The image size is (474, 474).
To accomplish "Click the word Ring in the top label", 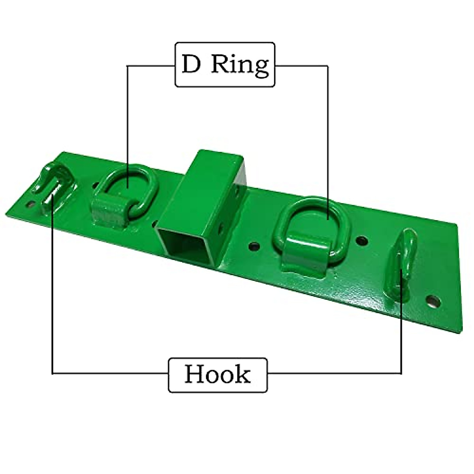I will click(x=240, y=65).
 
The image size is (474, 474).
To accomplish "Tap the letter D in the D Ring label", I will click(x=191, y=64).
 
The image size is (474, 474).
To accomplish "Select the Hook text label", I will click(x=218, y=374).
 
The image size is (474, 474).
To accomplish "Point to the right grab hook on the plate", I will click(x=405, y=257).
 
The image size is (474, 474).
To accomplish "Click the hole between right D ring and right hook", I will click(x=362, y=240).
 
